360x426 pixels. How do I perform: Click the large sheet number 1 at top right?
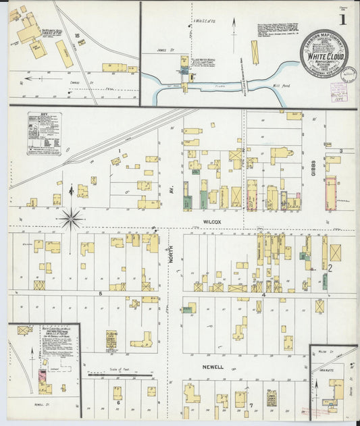point(344,20)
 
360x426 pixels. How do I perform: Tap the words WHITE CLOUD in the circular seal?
point(326,57)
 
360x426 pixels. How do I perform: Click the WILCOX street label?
point(211,221)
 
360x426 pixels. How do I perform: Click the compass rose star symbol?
point(71,218)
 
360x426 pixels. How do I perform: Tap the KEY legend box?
point(44,134)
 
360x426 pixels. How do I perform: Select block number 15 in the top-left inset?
point(78,34)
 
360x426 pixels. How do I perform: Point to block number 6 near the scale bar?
point(118,403)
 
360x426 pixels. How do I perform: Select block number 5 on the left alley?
point(100,293)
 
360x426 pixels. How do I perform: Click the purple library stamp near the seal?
point(338,90)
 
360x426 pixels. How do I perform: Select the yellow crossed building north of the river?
point(255,52)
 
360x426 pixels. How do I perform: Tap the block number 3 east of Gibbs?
point(341,151)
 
